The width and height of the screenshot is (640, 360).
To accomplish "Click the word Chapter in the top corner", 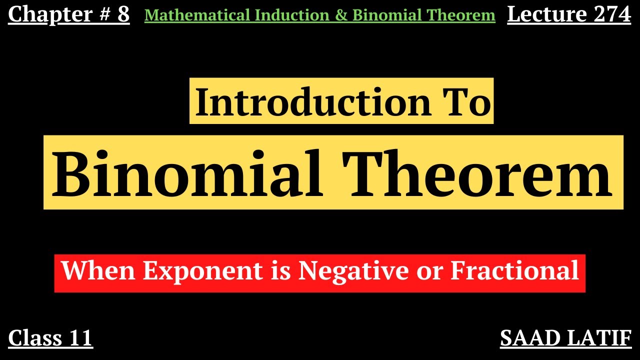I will (x=44, y=15).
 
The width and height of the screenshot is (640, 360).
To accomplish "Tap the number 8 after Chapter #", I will (x=123, y=15).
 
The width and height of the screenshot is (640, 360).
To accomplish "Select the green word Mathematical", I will (x=197, y=16).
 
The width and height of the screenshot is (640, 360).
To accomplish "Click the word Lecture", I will (x=539, y=15).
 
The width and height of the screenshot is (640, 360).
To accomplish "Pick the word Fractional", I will (x=514, y=271).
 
